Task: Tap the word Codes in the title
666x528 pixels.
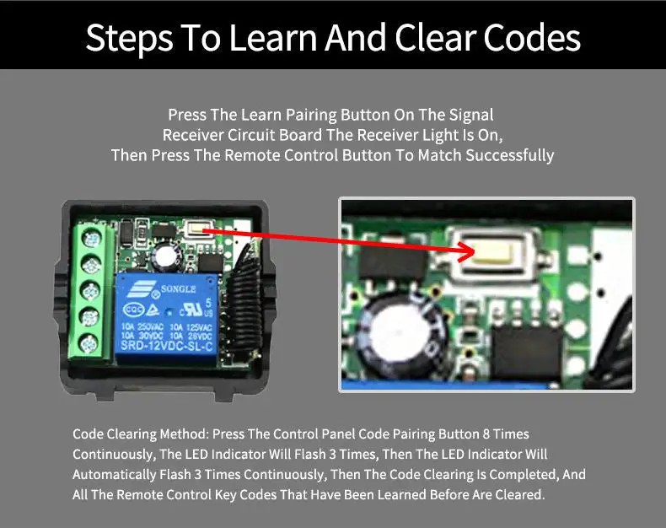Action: (532, 38)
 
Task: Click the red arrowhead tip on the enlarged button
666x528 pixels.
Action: (474, 253)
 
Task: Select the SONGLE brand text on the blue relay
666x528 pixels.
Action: (179, 289)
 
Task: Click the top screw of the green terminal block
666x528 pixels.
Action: (91, 239)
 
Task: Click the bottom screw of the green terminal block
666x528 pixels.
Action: (89, 343)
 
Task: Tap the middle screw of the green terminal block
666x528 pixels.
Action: (90, 291)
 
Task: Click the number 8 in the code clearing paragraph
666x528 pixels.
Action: (486, 434)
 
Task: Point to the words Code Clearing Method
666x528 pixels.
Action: (141, 434)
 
